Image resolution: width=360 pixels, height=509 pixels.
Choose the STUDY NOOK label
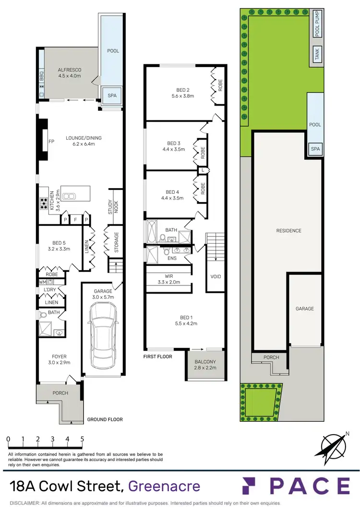pyautogui.click(x=111, y=207)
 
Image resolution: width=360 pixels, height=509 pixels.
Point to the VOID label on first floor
pyautogui.click(x=216, y=277)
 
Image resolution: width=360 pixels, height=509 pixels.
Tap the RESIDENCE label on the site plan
pyautogui.click(x=288, y=231)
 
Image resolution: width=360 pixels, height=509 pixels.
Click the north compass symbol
pyautogui.click(x=332, y=444)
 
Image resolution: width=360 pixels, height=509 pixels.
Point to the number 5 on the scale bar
pyautogui.click(x=82, y=438)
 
